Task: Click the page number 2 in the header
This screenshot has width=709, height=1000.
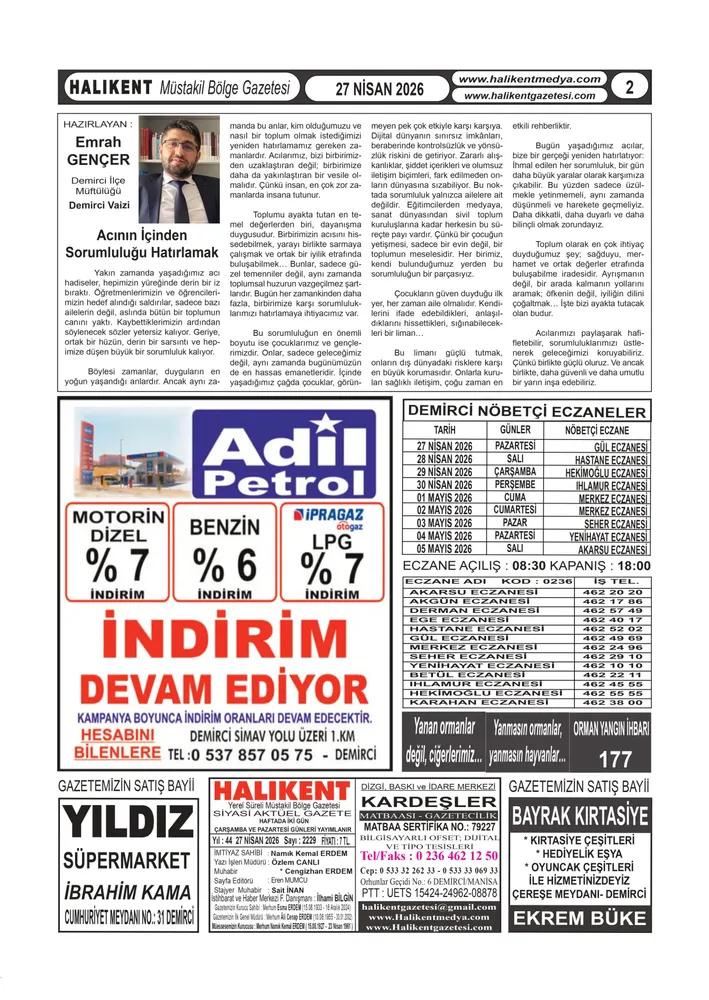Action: (x=629, y=87)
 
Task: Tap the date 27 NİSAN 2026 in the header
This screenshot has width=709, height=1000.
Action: (x=380, y=88)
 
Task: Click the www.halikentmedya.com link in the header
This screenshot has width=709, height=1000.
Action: (x=529, y=79)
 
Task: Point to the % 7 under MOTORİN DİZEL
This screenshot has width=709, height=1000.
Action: (x=117, y=566)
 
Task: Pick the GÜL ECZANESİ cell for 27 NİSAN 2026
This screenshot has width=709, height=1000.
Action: (x=621, y=446)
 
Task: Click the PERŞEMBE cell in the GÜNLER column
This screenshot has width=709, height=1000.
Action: (x=514, y=484)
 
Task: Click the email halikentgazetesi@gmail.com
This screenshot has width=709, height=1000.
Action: (x=429, y=906)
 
